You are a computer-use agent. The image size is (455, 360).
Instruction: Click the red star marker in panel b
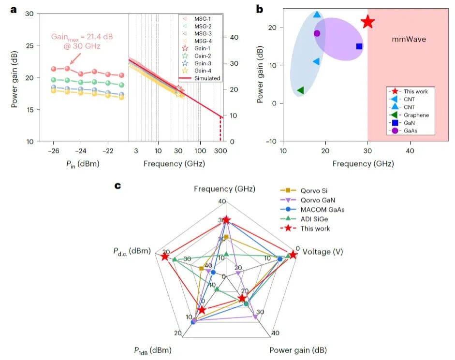click(x=368, y=22)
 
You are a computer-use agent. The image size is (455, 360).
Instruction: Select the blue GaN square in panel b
click(x=359, y=46)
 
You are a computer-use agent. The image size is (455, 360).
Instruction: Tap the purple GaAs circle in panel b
click(x=317, y=33)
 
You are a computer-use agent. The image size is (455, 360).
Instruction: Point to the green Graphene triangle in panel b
click(x=300, y=90)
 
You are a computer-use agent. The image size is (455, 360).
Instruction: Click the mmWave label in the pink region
click(x=409, y=39)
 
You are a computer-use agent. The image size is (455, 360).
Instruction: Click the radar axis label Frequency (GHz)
click(x=224, y=189)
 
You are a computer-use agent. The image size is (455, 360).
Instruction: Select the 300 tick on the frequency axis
click(x=220, y=151)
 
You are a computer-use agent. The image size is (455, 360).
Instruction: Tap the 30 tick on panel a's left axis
click(x=29, y=14)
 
